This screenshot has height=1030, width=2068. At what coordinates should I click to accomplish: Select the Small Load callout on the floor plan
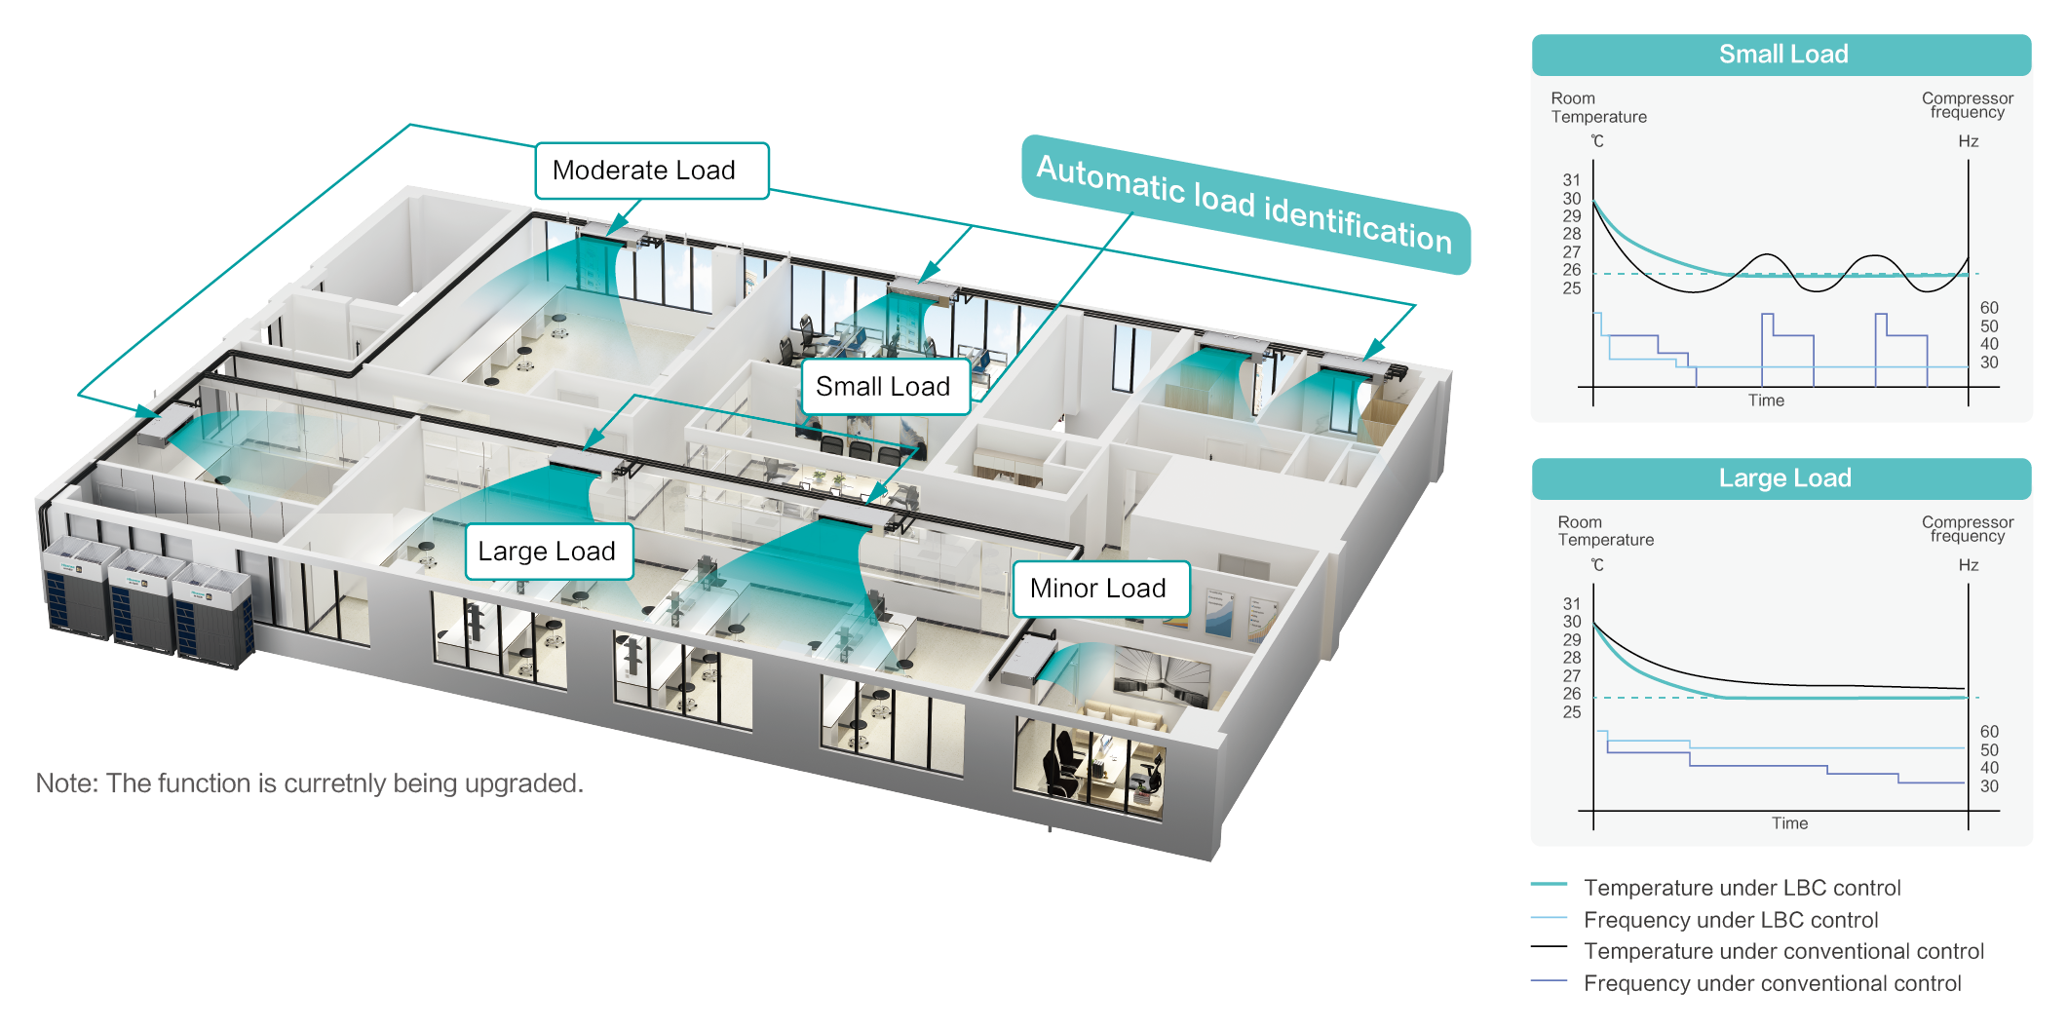click(883, 387)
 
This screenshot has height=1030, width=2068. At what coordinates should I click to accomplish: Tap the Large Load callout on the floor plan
click(548, 552)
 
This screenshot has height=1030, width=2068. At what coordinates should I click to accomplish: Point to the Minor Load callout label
click(1099, 589)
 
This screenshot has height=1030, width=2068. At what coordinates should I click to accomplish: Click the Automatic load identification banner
click(1245, 204)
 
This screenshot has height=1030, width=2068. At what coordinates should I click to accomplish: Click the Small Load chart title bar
click(1781, 55)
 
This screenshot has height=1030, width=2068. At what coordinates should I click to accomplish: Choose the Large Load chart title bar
click(1781, 478)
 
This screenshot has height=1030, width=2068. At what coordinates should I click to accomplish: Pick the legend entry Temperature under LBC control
click(1742, 888)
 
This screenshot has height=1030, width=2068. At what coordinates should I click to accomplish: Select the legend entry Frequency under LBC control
click(1731, 920)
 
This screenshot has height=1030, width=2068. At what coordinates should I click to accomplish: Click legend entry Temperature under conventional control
click(1783, 951)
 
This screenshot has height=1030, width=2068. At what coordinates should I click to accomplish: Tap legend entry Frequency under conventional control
click(1772, 983)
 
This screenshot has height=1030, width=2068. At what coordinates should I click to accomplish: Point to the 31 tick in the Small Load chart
click(1571, 180)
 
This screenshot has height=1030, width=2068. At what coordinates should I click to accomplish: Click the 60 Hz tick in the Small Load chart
click(1989, 308)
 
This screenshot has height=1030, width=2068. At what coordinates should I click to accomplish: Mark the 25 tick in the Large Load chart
click(1571, 712)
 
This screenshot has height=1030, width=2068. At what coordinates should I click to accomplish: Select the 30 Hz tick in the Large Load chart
click(1989, 786)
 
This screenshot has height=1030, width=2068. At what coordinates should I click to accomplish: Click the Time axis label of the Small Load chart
click(1766, 401)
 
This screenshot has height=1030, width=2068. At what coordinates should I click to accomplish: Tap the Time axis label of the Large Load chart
click(1789, 823)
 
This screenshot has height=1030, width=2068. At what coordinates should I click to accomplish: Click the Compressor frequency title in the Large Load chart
click(1967, 529)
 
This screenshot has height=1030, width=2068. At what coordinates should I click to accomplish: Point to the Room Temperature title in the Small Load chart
click(1598, 107)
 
